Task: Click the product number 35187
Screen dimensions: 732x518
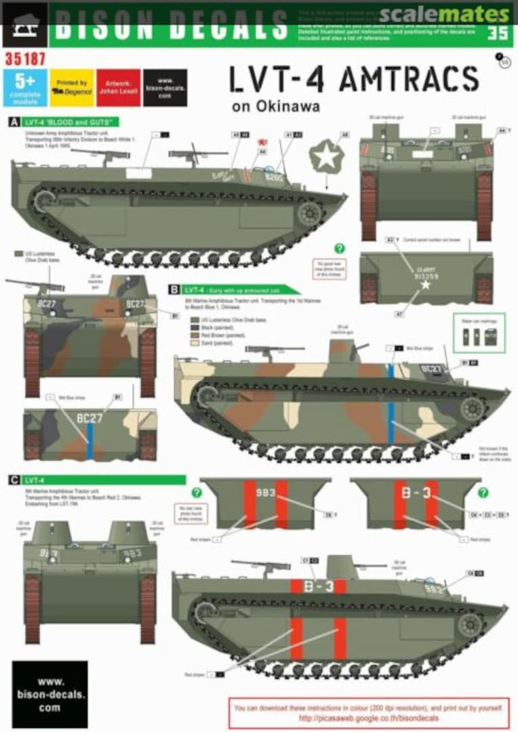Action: click(x=24, y=59)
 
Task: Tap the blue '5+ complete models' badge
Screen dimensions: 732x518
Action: click(x=25, y=87)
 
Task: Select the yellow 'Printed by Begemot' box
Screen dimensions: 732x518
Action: click(x=71, y=87)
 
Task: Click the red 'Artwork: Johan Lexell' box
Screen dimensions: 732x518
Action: click(x=118, y=87)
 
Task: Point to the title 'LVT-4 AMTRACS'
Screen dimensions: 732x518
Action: click(x=354, y=81)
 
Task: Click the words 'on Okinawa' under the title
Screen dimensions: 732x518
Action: click(x=275, y=106)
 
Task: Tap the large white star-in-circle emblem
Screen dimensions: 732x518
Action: click(x=326, y=158)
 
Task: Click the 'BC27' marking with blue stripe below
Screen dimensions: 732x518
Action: click(x=89, y=418)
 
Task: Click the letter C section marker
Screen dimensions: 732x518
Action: click(x=14, y=480)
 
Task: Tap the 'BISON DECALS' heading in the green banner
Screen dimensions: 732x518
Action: click(x=171, y=25)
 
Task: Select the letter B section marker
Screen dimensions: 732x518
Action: click(x=174, y=289)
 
